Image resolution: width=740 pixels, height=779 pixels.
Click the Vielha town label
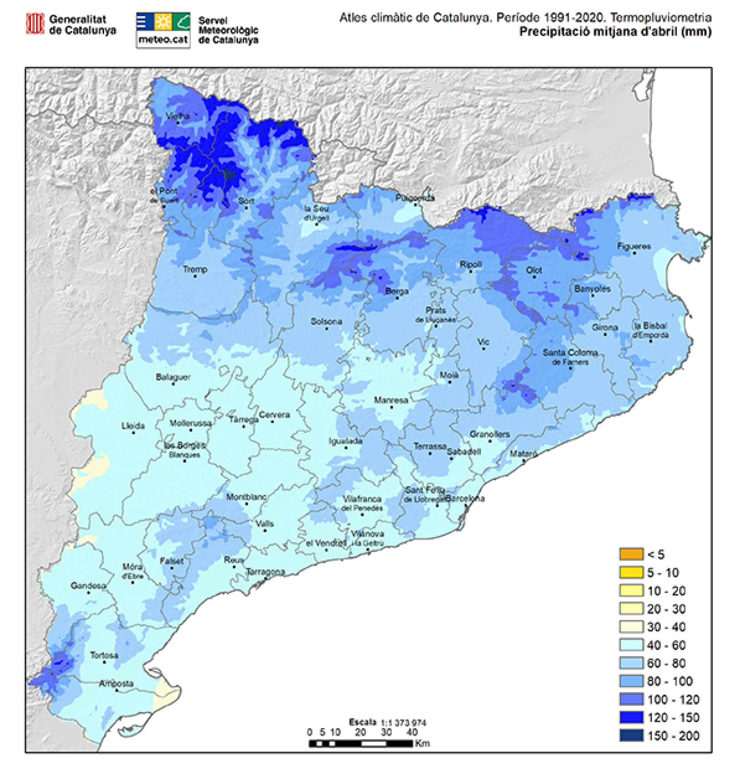coord(178,116)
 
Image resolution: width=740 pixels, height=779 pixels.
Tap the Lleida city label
coord(133,426)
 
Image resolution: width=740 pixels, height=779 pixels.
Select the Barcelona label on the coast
coord(465,498)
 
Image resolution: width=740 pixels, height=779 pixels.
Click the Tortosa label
coord(104,655)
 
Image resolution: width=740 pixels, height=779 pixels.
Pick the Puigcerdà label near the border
coord(415,198)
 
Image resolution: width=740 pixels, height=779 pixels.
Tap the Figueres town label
coord(634,246)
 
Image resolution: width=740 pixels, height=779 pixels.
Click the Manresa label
coord(391,400)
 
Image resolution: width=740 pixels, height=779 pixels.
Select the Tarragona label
coord(266,572)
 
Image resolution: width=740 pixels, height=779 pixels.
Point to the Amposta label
coord(116,683)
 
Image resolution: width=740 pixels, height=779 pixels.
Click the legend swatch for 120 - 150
coord(631,717)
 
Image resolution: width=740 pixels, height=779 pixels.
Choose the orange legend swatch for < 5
coord(631,554)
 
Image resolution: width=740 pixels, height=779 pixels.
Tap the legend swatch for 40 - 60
coord(631,645)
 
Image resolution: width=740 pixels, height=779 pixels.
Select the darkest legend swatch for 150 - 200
coord(631,736)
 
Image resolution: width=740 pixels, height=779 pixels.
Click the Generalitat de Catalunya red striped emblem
coord(35,23)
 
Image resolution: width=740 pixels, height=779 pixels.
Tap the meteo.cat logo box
coord(163,30)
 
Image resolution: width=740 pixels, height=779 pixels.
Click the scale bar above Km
coord(361,744)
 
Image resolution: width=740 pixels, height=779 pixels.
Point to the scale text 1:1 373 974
coord(403,723)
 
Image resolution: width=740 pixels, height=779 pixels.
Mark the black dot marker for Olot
coord(534,277)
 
